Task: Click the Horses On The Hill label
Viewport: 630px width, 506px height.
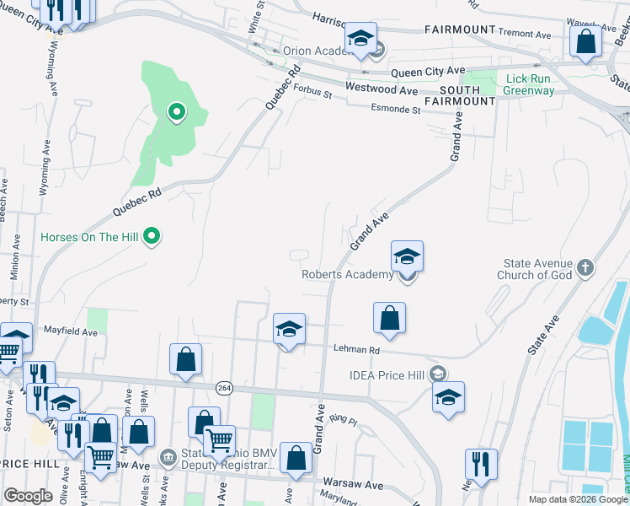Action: pyautogui.click(x=88, y=237)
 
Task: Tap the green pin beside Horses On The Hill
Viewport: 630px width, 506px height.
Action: pyautogui.click(x=152, y=236)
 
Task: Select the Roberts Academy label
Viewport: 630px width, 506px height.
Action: pyautogui.click(x=347, y=275)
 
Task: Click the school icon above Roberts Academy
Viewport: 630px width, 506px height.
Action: pyautogui.click(x=407, y=256)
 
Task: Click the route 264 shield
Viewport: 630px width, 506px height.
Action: pyautogui.click(x=224, y=387)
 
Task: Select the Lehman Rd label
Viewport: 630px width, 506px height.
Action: pyautogui.click(x=357, y=350)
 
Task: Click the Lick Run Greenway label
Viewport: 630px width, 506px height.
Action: pyautogui.click(x=530, y=84)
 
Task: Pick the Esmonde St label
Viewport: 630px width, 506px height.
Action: pyautogui.click(x=396, y=110)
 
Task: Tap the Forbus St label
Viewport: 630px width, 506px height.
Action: pyautogui.click(x=312, y=95)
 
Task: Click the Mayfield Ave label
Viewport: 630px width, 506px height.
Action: pyautogui.click(x=71, y=332)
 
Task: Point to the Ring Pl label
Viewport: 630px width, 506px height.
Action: pyautogui.click(x=344, y=419)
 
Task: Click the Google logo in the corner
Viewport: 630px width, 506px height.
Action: pyautogui.click(x=28, y=496)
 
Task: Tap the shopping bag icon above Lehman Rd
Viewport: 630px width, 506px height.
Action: pyautogui.click(x=390, y=318)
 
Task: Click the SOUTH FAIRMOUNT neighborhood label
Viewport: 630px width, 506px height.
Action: pyautogui.click(x=467, y=95)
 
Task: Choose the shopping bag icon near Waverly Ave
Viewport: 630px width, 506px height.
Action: pyautogui.click(x=585, y=41)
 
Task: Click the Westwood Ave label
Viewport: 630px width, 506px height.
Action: pyautogui.click(x=382, y=89)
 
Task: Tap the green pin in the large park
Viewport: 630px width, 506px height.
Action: pyautogui.click(x=177, y=111)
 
